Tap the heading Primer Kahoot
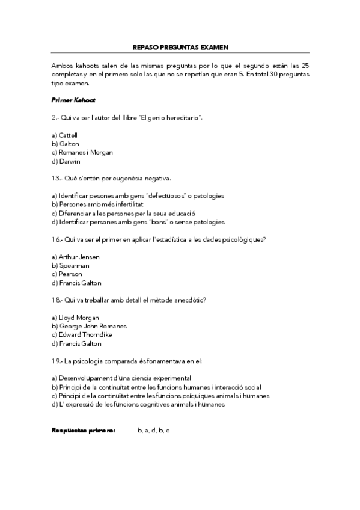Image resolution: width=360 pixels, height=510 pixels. point(73,100)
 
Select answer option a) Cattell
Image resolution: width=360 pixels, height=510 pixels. point(64,135)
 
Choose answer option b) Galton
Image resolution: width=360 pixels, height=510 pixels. point(65,144)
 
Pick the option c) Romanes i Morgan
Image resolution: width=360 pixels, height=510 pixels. point(82,152)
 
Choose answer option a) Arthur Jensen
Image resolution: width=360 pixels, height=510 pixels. point(75,257)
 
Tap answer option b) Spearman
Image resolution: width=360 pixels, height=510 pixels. point(70,265)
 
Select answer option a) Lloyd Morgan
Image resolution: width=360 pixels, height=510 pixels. point(75,318)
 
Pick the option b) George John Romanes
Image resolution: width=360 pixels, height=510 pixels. point(89,326)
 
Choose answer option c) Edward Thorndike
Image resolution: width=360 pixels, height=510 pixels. point(82,335)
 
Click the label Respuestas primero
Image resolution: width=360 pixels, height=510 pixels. point(84,431)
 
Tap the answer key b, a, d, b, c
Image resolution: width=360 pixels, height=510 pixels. point(153,431)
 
